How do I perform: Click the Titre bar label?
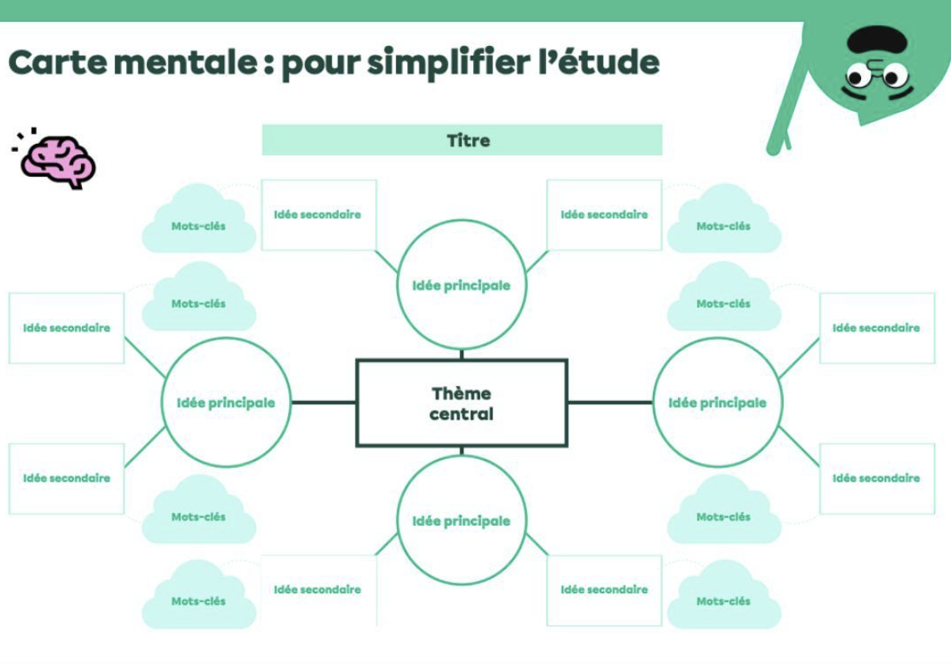pyautogui.click(x=467, y=141)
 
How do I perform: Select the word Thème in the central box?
pyautogui.click(x=461, y=394)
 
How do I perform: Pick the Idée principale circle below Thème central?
pyautogui.click(x=461, y=521)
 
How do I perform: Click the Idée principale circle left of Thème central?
pyautogui.click(x=226, y=403)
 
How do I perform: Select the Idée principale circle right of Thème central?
pyautogui.click(x=717, y=403)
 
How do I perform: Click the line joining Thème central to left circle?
pyautogui.click(x=323, y=402)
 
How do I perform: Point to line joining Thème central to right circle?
pyautogui.click(x=610, y=402)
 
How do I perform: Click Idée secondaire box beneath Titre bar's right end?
pyautogui.click(x=604, y=215)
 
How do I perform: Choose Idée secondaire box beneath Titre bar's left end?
pyautogui.click(x=318, y=215)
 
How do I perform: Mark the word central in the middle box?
pyautogui.click(x=461, y=415)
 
